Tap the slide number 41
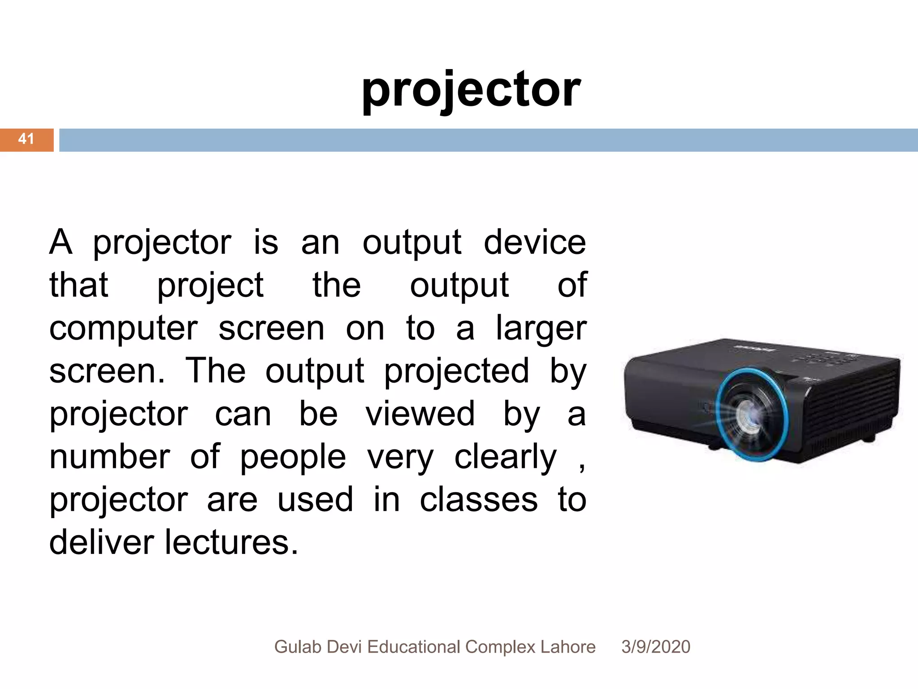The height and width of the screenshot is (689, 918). [26, 139]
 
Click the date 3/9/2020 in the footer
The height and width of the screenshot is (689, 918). [655, 647]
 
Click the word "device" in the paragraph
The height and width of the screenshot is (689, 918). [535, 242]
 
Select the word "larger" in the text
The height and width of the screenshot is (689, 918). [541, 329]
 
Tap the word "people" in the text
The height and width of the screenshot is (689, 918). [293, 458]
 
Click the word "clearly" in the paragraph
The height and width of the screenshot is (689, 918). [505, 458]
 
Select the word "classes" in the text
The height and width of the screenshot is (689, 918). [478, 500]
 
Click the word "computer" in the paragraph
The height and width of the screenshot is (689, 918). [123, 329]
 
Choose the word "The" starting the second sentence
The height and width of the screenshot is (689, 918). [216, 371]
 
